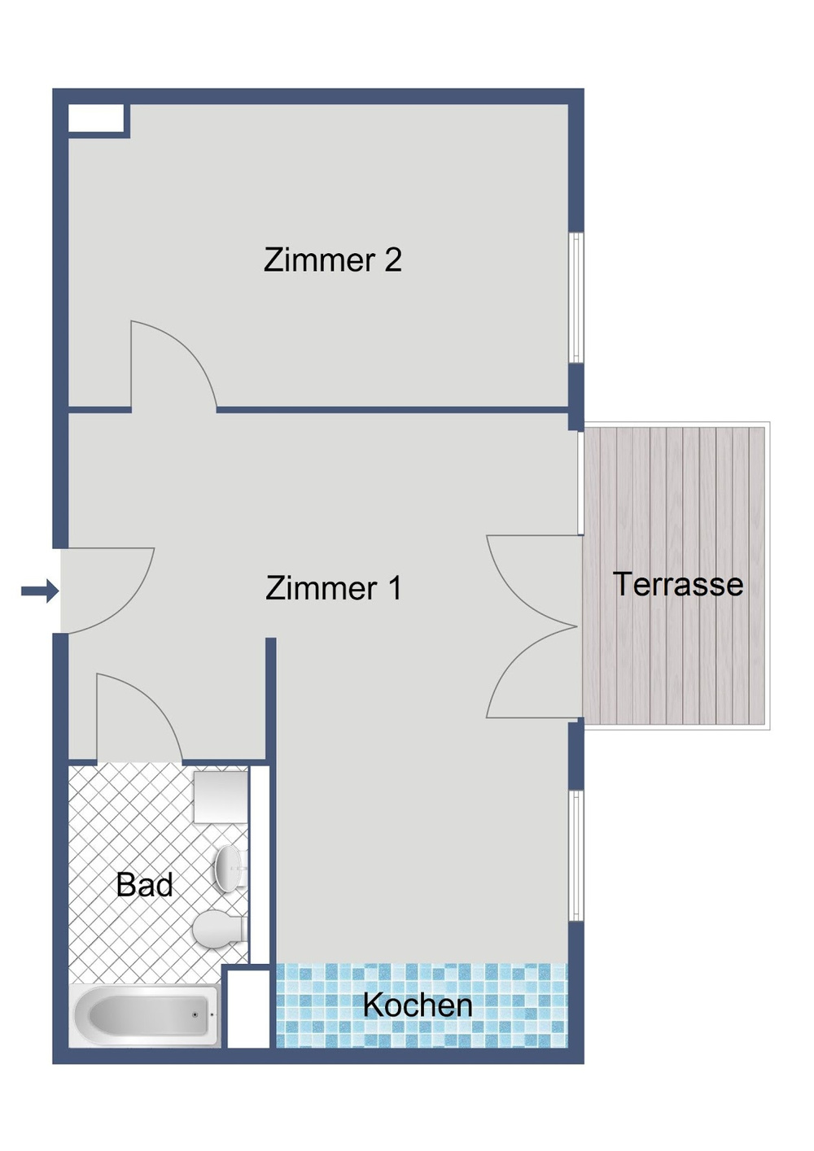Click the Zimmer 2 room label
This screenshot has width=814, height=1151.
[x=332, y=260]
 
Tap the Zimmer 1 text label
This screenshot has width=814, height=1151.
[x=334, y=588]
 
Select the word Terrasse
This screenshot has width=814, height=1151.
[x=677, y=584]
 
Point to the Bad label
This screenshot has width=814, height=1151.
[x=144, y=885]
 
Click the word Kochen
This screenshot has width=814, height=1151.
[x=418, y=1005]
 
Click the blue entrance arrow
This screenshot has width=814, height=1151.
[x=39, y=591]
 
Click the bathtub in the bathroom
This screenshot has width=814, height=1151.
[x=145, y=1015]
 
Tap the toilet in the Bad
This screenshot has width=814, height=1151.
[x=219, y=928]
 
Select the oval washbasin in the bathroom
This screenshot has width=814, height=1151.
[x=229, y=867]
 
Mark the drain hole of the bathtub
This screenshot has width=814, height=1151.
[x=194, y=1015]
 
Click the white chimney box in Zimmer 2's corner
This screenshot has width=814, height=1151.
[x=95, y=119]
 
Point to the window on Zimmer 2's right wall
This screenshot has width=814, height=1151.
[x=575, y=298]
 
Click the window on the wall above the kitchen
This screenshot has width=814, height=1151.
[x=575, y=856]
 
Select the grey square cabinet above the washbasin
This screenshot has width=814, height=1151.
[x=220, y=797]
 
